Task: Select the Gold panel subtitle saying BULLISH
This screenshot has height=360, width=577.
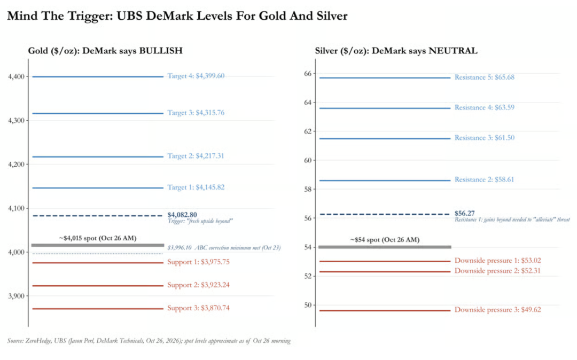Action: point(105,51)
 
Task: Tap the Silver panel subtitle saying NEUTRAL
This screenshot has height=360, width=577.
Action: point(396,51)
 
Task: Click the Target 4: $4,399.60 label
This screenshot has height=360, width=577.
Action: point(196,76)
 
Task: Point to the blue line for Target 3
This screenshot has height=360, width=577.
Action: point(98,113)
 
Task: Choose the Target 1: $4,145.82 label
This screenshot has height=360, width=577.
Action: point(196,187)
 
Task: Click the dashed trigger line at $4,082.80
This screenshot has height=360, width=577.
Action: point(98,216)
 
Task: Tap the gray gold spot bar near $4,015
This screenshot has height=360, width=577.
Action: point(98,245)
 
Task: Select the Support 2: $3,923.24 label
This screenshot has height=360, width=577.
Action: point(198,285)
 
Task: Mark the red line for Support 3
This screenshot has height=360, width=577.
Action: point(98,309)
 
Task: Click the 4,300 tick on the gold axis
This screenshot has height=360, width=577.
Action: point(17,121)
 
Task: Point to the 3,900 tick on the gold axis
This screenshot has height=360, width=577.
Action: point(17,296)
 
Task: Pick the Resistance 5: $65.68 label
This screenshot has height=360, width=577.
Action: point(484,77)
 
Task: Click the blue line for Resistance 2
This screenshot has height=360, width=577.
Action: point(385,181)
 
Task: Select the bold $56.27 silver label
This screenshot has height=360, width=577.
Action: point(464,213)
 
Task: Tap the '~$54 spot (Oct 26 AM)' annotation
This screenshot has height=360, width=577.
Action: point(385,240)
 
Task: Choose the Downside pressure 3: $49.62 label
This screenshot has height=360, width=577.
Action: point(497,310)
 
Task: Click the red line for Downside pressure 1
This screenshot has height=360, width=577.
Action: point(385,261)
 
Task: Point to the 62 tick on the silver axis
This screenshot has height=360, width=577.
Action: point(308,131)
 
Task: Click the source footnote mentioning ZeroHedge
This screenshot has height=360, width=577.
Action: point(149,341)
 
